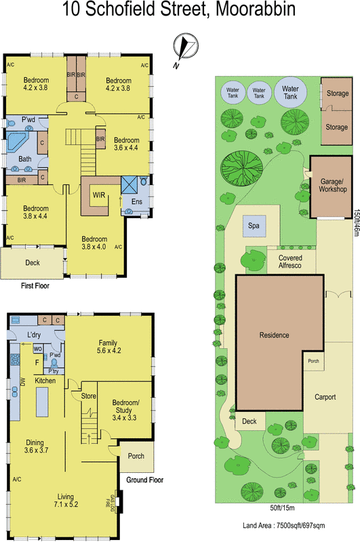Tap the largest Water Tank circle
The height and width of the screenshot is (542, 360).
290,92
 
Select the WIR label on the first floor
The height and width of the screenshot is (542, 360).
98,196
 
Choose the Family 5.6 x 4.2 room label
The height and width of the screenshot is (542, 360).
109,347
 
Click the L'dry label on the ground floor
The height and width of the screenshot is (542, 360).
35,335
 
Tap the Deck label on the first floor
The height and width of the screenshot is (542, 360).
32,262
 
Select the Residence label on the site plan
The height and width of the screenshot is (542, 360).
275,335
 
